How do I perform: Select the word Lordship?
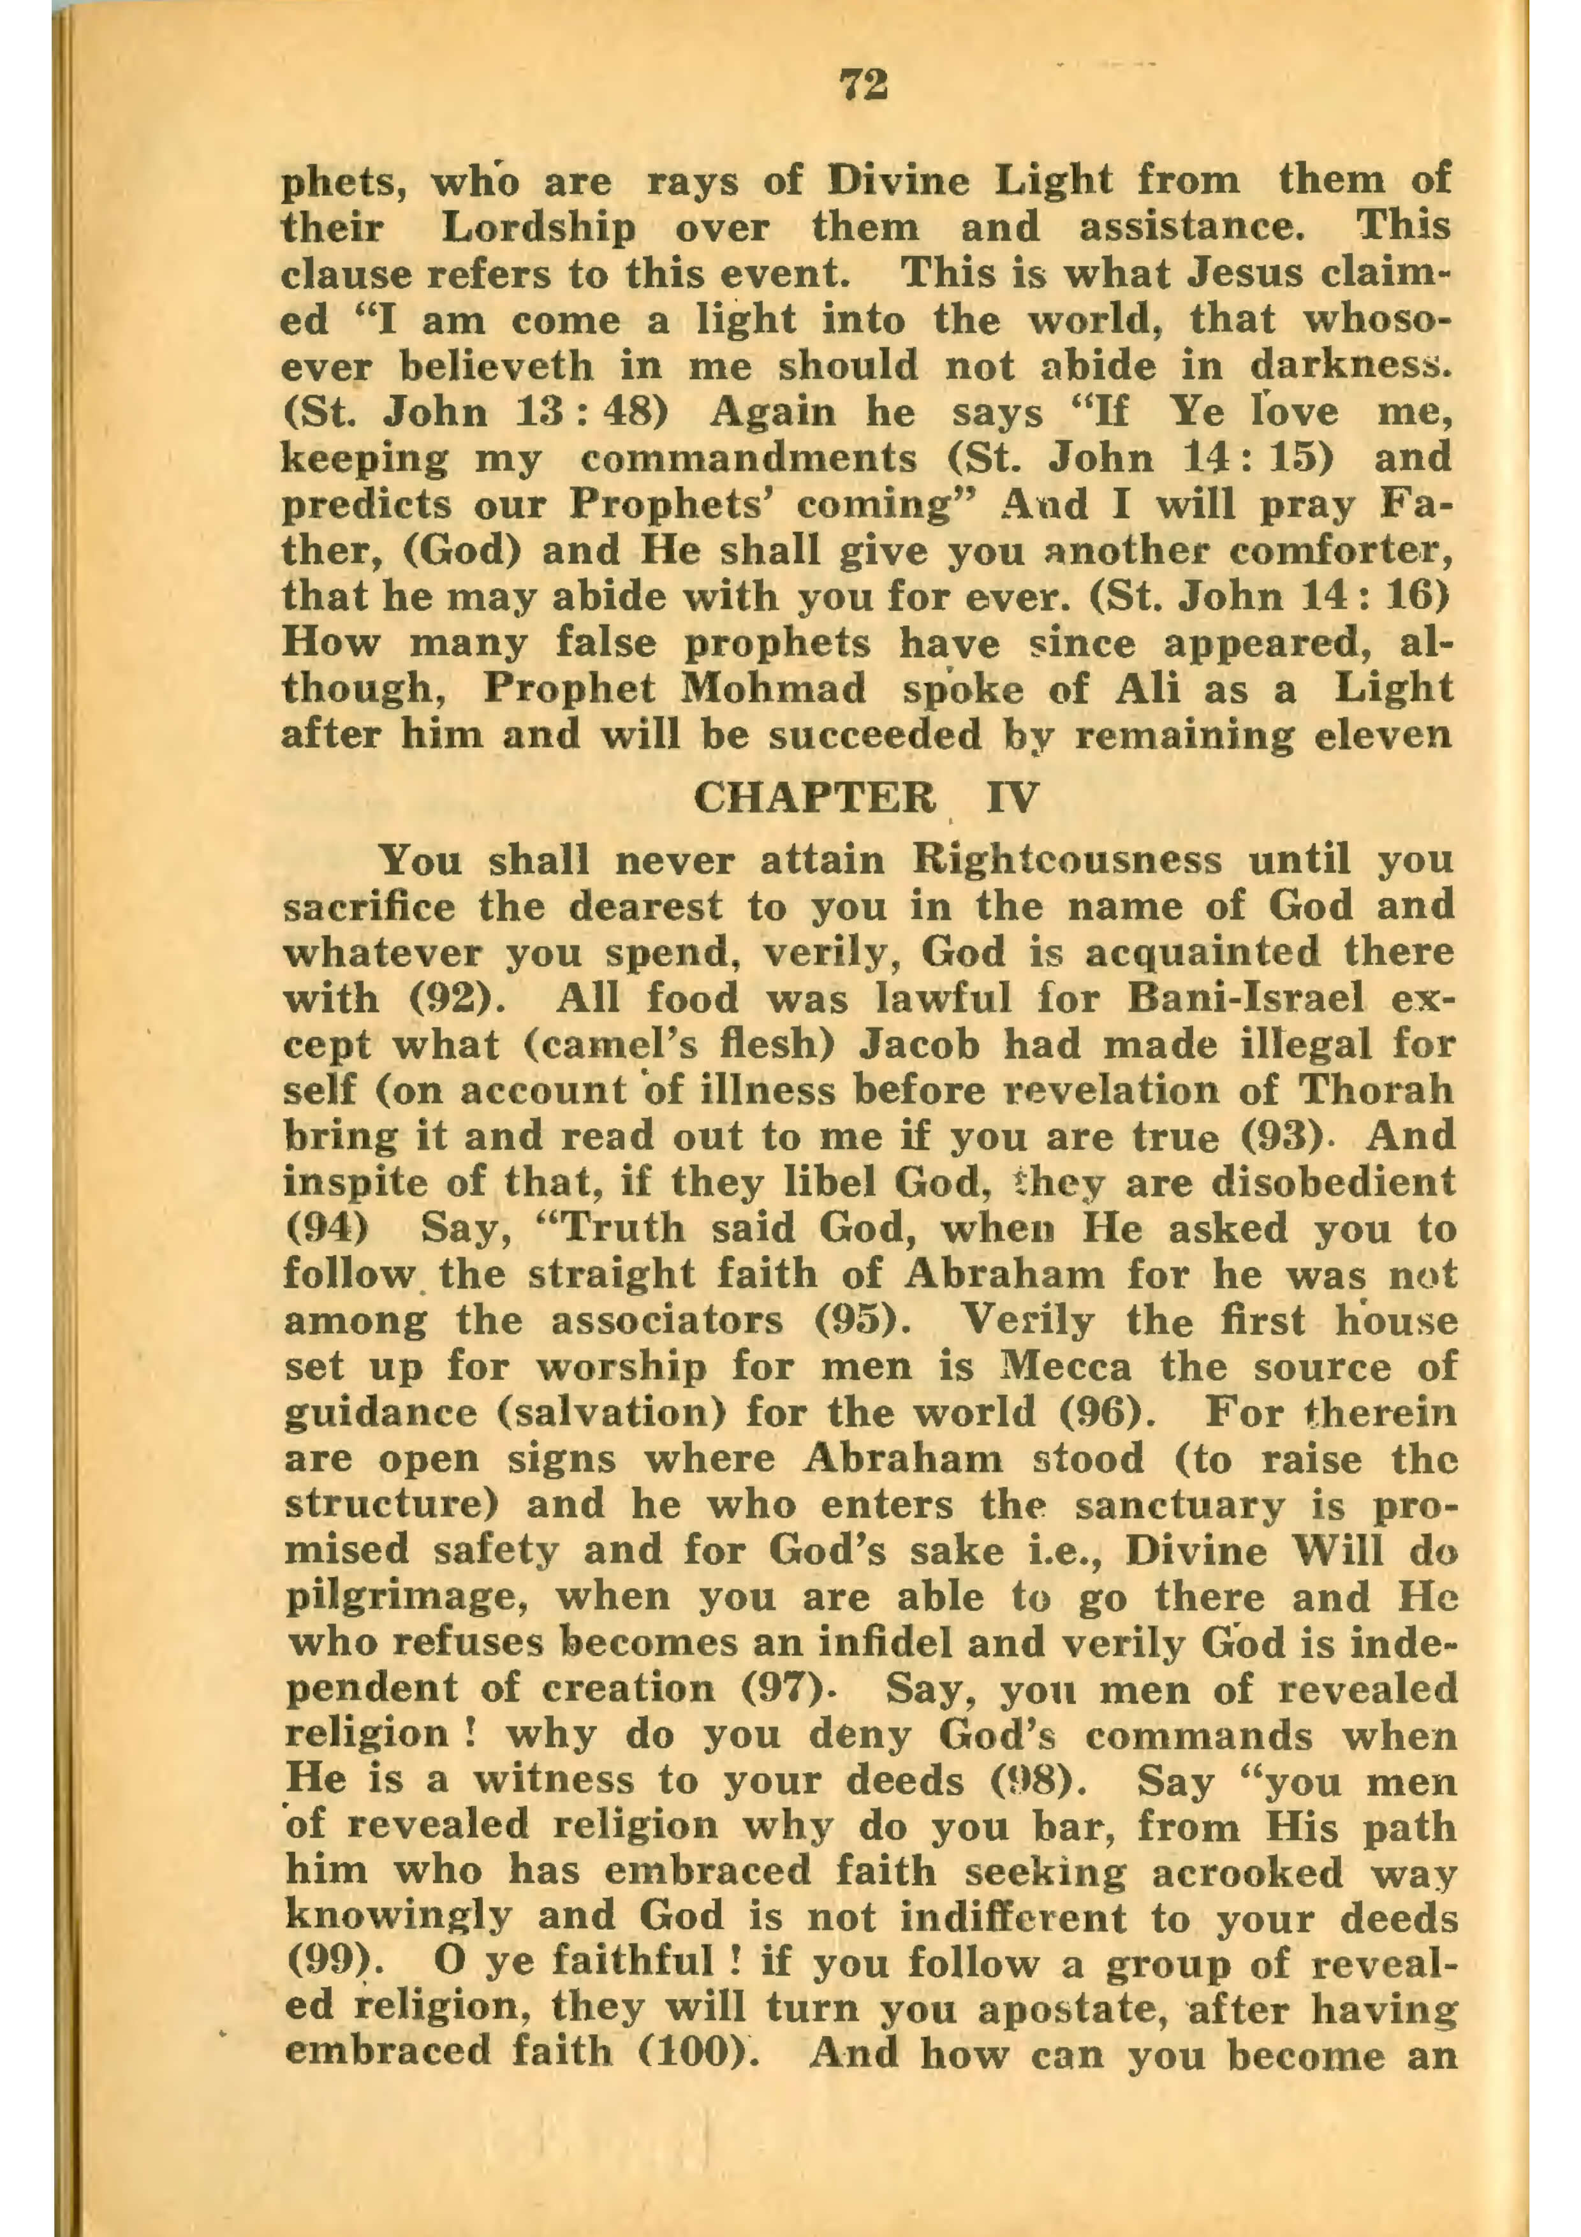point(538,227)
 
